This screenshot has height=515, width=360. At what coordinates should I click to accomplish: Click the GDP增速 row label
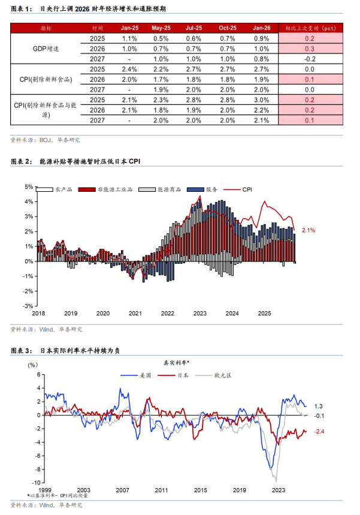[x=46, y=49]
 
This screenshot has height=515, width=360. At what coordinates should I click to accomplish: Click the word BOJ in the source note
[x=46, y=140]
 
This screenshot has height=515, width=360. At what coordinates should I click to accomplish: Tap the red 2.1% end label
[x=308, y=230]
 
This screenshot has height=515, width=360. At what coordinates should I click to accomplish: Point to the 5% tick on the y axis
[x=28, y=186]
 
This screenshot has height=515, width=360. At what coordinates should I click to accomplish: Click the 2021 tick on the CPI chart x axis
[x=135, y=314]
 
